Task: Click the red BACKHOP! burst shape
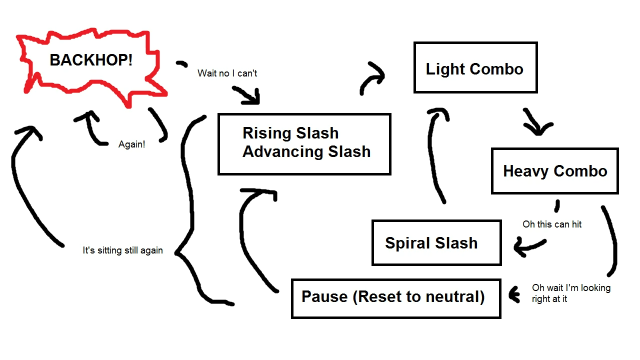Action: pyautogui.click(x=91, y=61)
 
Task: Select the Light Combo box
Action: pyautogui.click(x=475, y=68)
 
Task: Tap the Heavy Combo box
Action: pyautogui.click(x=554, y=171)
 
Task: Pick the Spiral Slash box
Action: pyautogui.click(x=436, y=243)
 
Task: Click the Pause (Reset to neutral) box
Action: pyautogui.click(x=395, y=298)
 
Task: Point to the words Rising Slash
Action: pyautogui.click(x=290, y=133)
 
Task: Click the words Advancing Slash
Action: pyautogui.click(x=306, y=151)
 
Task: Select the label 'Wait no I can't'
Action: pyautogui.click(x=227, y=73)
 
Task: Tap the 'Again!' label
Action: pyautogui.click(x=131, y=144)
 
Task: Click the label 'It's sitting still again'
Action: pyautogui.click(x=122, y=250)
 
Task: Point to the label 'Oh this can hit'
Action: pyautogui.click(x=552, y=224)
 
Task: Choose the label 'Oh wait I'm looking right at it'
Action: pyautogui.click(x=571, y=293)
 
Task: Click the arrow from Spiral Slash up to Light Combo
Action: pyautogui.click(x=435, y=155)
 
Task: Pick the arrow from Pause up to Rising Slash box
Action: pyautogui.click(x=250, y=235)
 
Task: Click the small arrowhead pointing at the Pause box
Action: pyautogui.click(x=513, y=295)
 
